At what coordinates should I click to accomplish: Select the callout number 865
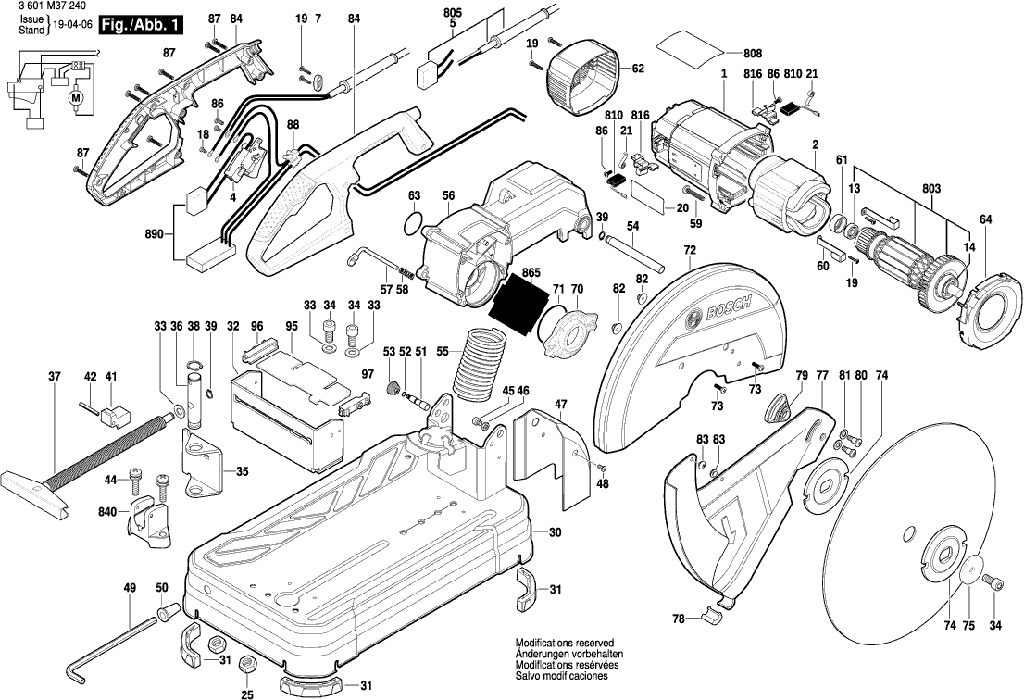pyautogui.click(x=531, y=274)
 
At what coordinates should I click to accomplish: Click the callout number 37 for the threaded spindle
pyautogui.click(x=54, y=377)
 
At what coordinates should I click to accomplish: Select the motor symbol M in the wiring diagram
pyautogui.click(x=76, y=96)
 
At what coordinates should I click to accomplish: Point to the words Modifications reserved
pyautogui.click(x=565, y=642)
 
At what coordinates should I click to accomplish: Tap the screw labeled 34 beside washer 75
pyautogui.click(x=994, y=583)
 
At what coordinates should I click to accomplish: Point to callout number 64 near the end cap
pyautogui.click(x=985, y=219)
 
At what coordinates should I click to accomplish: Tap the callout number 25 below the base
pyautogui.click(x=247, y=694)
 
